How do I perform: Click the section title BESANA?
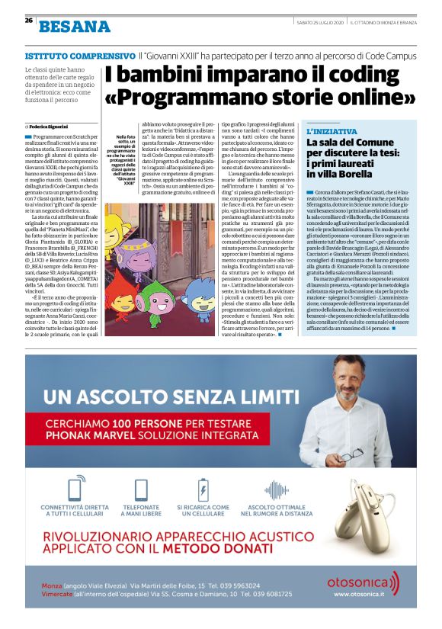pos(74,27)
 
